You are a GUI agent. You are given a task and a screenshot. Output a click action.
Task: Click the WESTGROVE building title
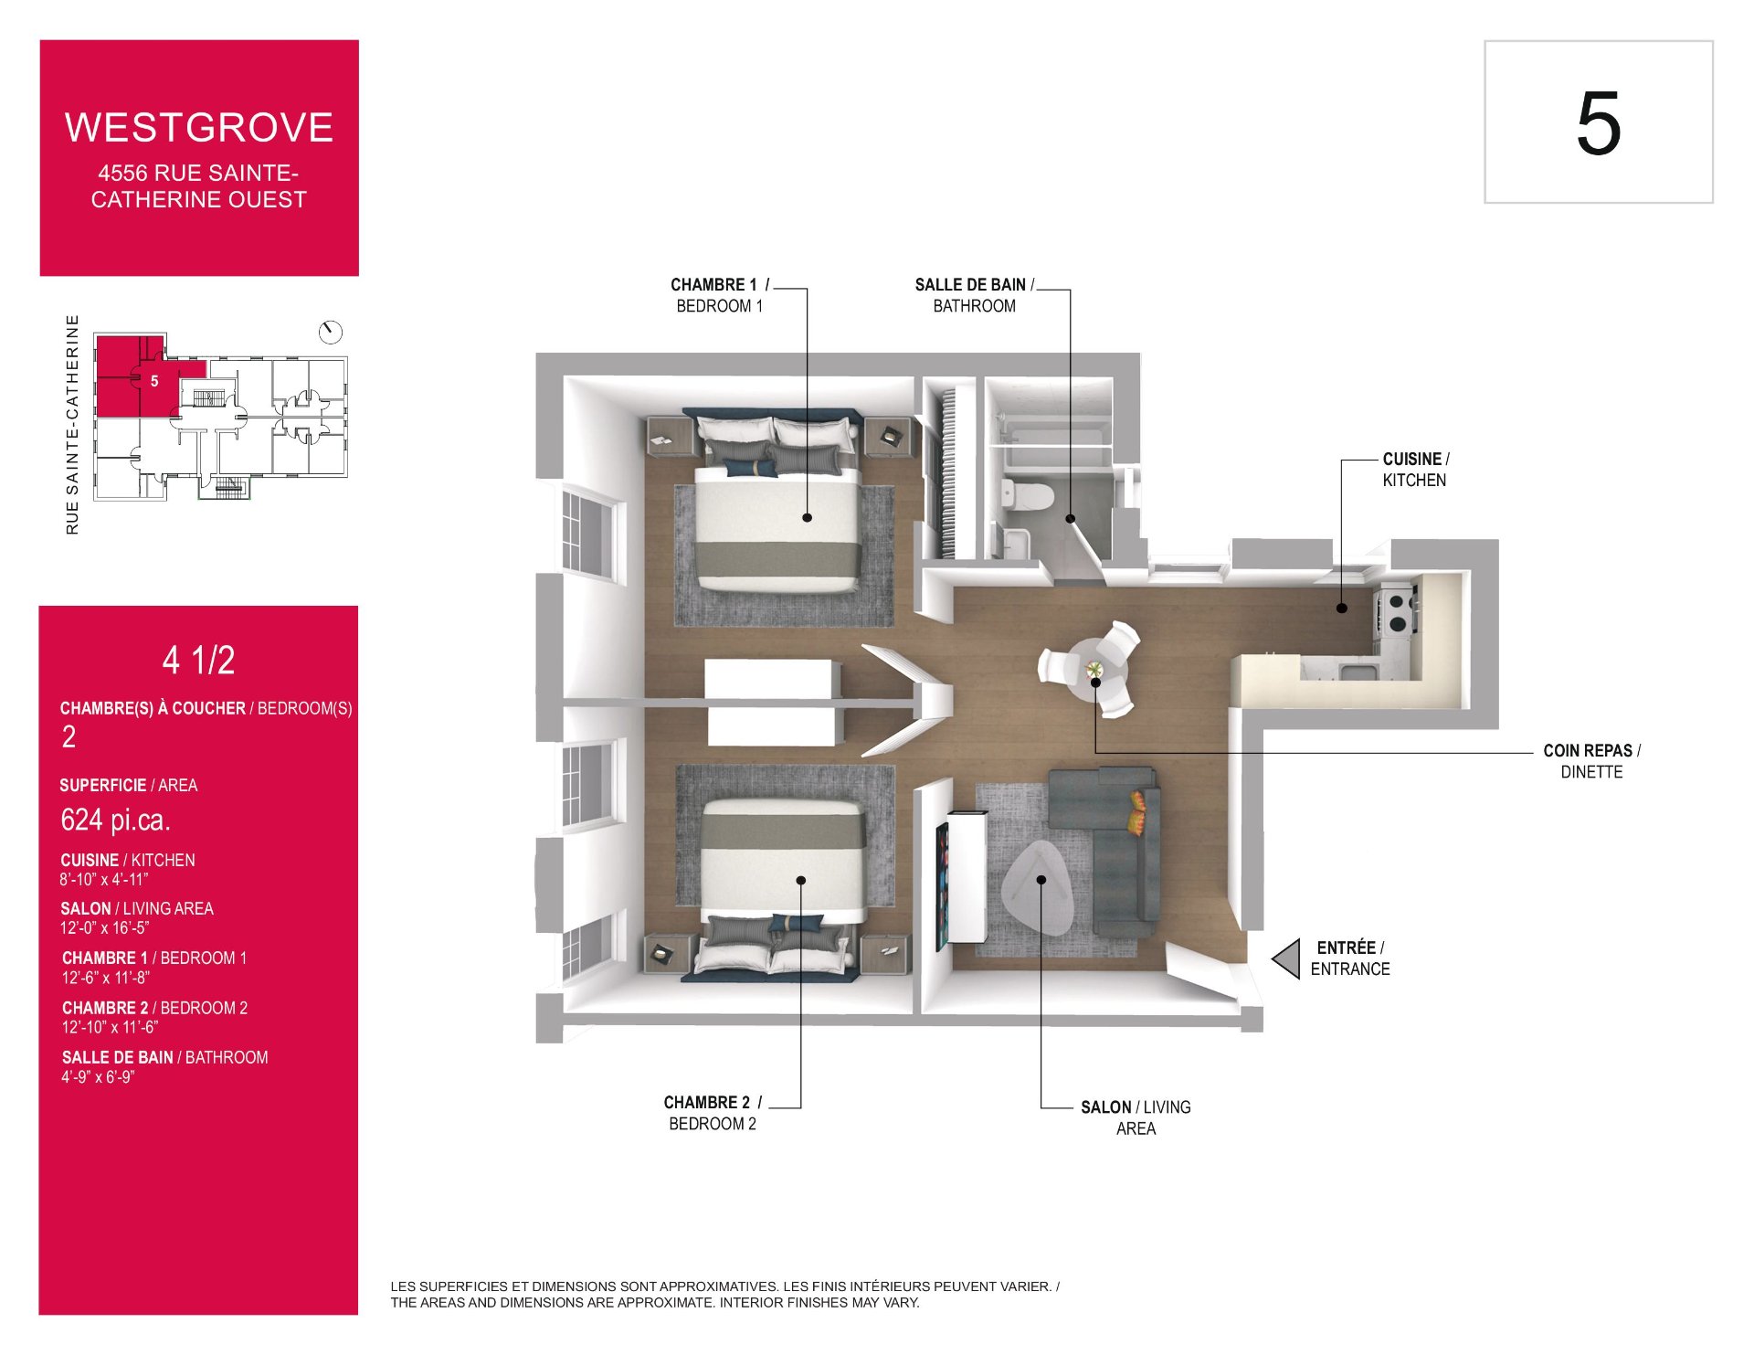199,128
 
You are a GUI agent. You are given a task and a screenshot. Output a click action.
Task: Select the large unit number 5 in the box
1598,123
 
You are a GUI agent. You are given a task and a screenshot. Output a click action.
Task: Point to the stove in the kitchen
1397,611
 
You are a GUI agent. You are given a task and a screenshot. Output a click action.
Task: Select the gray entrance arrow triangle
1286,958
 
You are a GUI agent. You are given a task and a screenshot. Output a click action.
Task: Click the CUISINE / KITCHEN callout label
1415,470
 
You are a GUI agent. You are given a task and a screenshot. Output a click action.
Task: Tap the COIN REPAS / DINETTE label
1591,761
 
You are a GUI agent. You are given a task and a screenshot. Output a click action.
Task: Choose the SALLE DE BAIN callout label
975,295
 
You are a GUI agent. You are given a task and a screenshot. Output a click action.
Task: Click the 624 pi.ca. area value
115,820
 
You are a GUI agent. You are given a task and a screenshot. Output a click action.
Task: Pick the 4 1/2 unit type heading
198,661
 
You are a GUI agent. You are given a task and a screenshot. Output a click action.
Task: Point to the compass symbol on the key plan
330,332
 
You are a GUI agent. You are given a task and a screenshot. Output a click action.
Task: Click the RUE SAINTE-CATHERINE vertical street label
72,425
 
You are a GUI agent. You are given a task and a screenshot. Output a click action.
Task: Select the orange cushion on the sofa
1138,812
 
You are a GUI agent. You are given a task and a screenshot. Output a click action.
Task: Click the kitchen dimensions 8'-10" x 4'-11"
104,880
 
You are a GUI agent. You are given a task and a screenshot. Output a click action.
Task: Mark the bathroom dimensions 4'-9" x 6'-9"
98,1077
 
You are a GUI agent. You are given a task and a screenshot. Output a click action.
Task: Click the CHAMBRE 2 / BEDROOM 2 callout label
713,1113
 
